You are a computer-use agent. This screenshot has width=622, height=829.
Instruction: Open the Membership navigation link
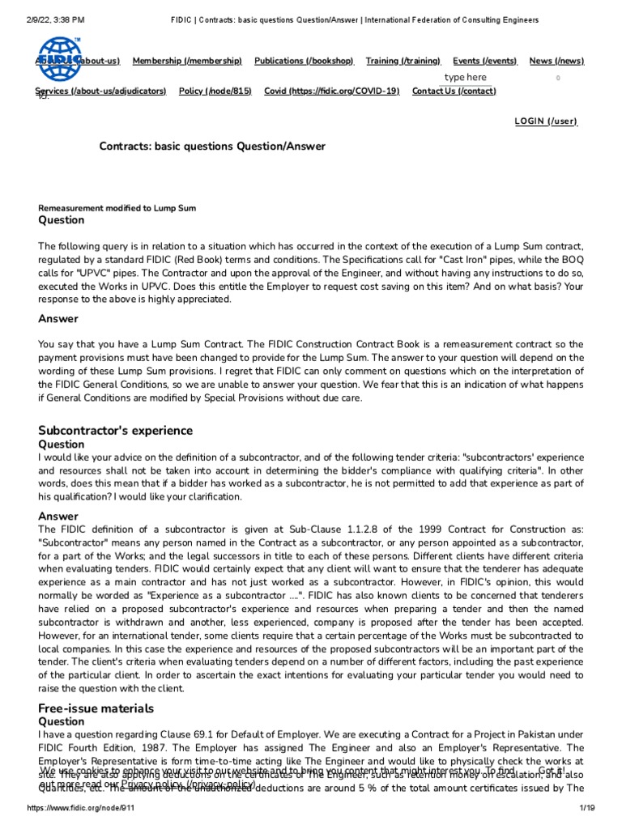tap(187, 61)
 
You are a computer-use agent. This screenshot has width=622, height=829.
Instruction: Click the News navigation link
tap(556, 61)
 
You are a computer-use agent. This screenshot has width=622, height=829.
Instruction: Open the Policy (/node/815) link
tap(215, 91)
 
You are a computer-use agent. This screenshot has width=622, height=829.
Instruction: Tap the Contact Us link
tap(454, 91)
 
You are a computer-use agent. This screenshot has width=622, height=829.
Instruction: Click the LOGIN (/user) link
tap(546, 121)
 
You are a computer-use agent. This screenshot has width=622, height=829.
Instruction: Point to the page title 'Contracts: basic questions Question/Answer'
tap(212, 147)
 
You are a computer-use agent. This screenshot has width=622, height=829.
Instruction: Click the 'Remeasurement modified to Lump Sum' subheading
tap(117, 208)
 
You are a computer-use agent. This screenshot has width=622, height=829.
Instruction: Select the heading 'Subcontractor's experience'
tap(116, 430)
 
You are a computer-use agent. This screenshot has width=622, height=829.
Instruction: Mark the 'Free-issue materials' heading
tap(96, 708)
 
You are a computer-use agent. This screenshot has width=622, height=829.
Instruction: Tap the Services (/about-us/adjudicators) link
tap(101, 91)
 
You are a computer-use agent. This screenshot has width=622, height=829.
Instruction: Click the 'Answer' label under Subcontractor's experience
tap(58, 516)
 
